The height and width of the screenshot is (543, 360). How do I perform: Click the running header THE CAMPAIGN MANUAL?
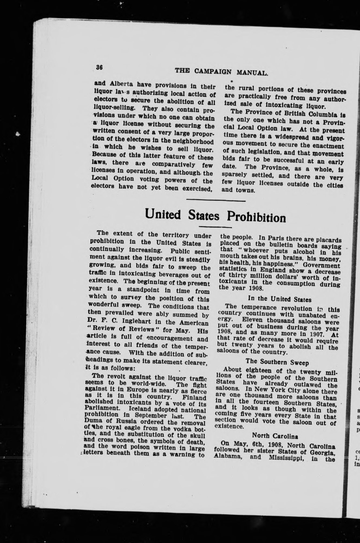click(x=221, y=72)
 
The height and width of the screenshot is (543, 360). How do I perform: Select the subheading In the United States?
click(x=280, y=299)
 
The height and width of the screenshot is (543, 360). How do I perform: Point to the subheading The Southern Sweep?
click(x=277, y=362)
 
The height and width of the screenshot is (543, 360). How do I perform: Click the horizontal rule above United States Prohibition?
click(x=216, y=200)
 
